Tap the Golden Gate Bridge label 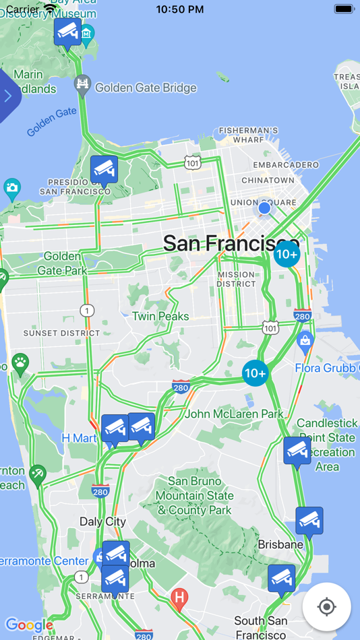click(x=145, y=88)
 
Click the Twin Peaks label click(x=160, y=316)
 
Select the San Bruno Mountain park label click(x=194, y=496)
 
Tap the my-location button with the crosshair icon click(x=327, y=607)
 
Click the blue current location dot click(x=264, y=208)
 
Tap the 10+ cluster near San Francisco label click(x=287, y=254)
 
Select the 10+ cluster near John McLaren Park click(x=256, y=373)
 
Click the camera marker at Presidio click(x=104, y=170)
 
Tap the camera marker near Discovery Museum click(x=67, y=32)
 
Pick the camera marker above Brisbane click(x=309, y=520)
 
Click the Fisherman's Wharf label click(x=249, y=135)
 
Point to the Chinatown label click(x=268, y=181)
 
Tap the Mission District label click(x=236, y=279)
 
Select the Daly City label click(x=102, y=521)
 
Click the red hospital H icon click(x=179, y=597)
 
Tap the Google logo click(x=29, y=625)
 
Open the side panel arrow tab click(x=8, y=96)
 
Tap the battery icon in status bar click(x=344, y=9)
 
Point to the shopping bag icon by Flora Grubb click(x=305, y=342)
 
